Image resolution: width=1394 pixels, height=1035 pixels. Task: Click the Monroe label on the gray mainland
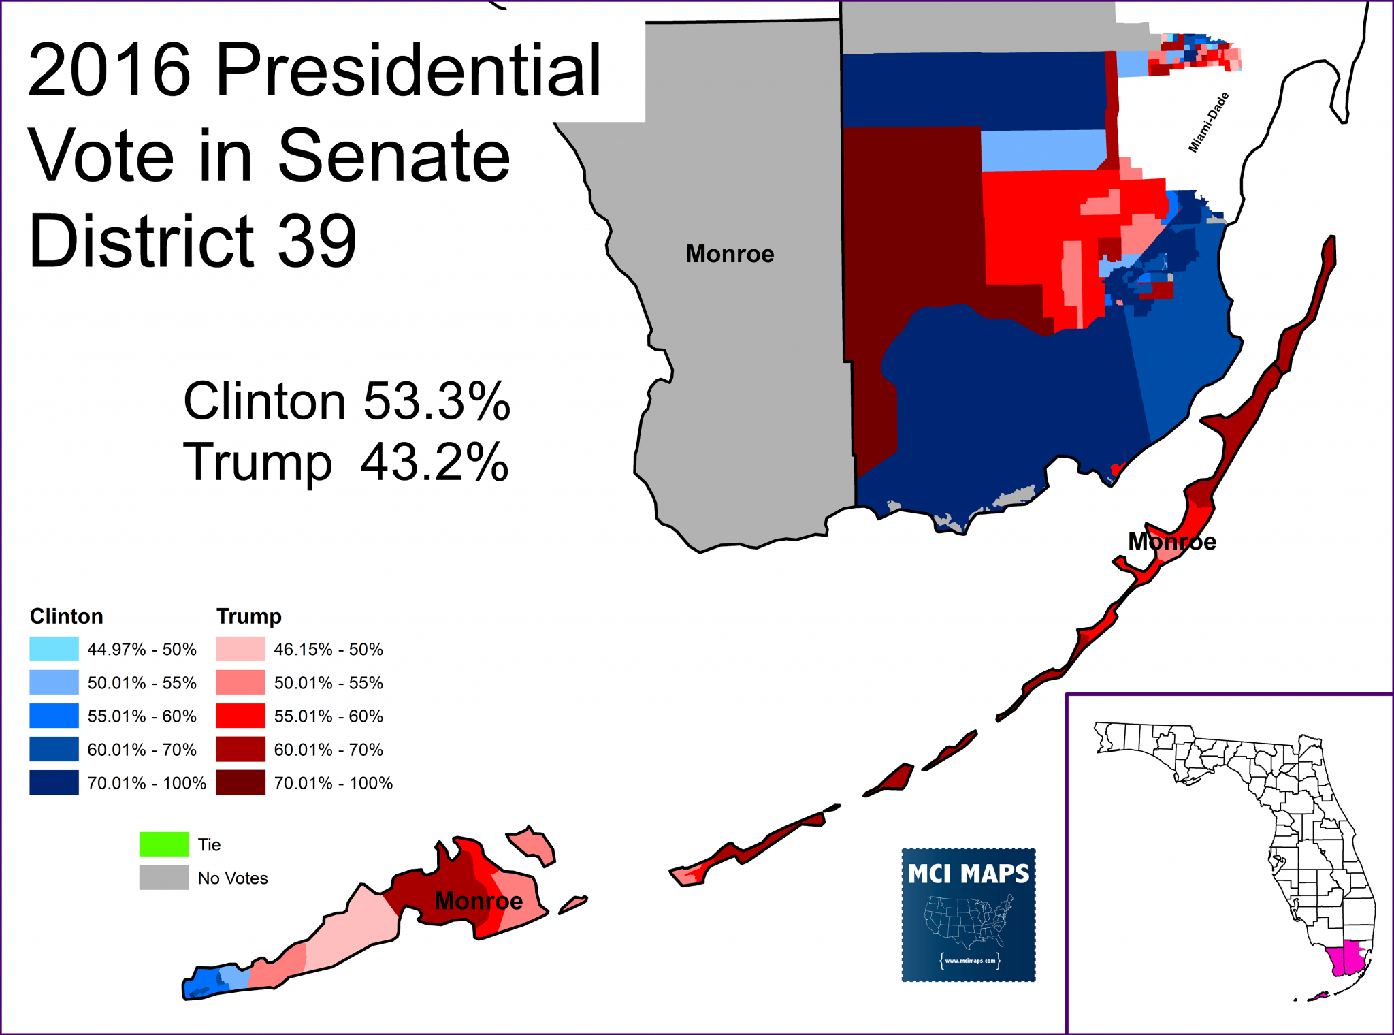[x=730, y=254]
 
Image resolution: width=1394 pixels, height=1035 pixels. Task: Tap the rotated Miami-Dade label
[x=1208, y=123]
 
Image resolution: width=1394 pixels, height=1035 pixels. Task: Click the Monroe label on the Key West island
[x=479, y=901]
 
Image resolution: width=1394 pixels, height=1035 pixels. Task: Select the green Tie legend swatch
[x=163, y=844]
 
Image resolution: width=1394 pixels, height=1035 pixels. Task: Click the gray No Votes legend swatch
[x=163, y=878]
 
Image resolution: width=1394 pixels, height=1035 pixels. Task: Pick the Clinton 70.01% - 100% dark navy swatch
[x=54, y=783]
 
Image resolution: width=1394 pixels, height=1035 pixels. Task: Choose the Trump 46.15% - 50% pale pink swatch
[x=240, y=649]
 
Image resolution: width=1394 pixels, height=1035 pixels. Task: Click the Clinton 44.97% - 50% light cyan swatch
[x=54, y=649]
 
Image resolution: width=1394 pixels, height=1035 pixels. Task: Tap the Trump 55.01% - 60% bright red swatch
[x=240, y=716]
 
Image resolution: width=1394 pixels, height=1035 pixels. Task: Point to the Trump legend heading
[x=248, y=616]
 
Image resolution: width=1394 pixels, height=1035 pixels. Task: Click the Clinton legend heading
[x=66, y=616]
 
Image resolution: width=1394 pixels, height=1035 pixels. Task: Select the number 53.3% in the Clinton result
[x=436, y=401]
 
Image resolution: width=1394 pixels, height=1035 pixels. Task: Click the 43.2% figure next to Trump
[x=434, y=462]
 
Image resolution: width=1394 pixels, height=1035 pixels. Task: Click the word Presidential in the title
[x=408, y=70]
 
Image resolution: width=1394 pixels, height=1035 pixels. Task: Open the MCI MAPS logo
[x=968, y=914]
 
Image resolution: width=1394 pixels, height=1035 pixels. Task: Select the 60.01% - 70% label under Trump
[x=328, y=750]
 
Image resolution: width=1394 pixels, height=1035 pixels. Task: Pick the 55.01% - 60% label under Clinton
[x=142, y=716]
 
